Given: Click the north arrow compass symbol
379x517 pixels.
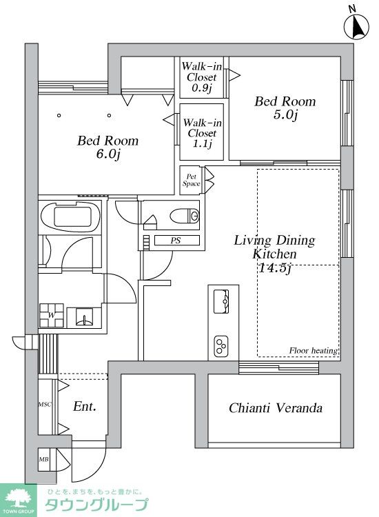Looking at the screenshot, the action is [x=356, y=26].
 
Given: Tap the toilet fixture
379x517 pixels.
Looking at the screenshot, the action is [x=185, y=216].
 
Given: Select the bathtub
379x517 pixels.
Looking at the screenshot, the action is [x=70, y=216].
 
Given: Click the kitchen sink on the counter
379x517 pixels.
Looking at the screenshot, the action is [x=221, y=301].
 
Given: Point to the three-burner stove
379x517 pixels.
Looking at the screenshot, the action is [x=221, y=346].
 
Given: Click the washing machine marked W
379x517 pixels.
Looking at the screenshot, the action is [x=52, y=315].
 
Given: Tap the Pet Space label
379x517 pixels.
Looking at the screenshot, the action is [x=191, y=181].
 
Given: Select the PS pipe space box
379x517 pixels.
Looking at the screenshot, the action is [x=177, y=241].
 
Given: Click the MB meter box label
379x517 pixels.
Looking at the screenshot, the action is [x=44, y=459].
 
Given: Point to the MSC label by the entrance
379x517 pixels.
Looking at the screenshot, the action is [x=45, y=404].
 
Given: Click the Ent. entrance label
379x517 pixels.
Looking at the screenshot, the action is [x=85, y=406].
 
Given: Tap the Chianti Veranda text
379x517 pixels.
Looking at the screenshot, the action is [x=276, y=408].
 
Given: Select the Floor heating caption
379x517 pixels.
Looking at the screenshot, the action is [x=314, y=350].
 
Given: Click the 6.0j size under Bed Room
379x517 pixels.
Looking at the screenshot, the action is [x=107, y=154].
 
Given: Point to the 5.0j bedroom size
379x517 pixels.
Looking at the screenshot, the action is [x=285, y=114].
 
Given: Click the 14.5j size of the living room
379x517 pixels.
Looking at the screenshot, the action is [x=275, y=267].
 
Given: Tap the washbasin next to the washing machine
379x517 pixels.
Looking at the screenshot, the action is [x=84, y=318].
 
